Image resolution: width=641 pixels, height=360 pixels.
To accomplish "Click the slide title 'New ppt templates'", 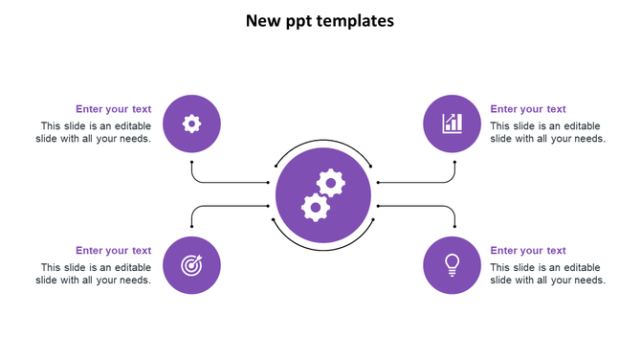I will point(320,20).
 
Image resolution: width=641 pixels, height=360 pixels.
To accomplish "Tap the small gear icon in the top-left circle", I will point(192,124).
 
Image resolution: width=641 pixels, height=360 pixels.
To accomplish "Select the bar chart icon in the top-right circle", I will point(453,124).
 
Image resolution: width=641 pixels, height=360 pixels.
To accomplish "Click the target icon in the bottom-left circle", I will point(192,265).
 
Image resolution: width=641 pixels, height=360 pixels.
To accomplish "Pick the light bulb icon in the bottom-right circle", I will point(453,263).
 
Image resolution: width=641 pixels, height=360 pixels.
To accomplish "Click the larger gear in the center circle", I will point(315,206).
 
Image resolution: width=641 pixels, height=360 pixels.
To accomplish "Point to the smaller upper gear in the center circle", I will point(331,182).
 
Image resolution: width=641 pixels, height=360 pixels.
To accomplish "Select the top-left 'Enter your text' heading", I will point(113,109).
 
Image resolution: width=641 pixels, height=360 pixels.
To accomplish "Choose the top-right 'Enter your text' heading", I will point(528,109).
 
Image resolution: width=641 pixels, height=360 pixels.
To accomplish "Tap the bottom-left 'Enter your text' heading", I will point(113,251).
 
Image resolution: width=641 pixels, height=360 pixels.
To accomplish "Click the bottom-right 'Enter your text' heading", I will point(528,251).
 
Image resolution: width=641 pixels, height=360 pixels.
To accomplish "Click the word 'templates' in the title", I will point(355,20).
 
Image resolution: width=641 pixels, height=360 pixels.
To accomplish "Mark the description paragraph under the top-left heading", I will point(94,132).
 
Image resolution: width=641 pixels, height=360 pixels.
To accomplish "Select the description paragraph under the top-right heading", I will point(547,132).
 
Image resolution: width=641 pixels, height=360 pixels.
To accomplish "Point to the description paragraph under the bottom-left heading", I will point(94,274).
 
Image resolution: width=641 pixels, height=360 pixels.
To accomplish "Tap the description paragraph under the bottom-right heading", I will point(547,274).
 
